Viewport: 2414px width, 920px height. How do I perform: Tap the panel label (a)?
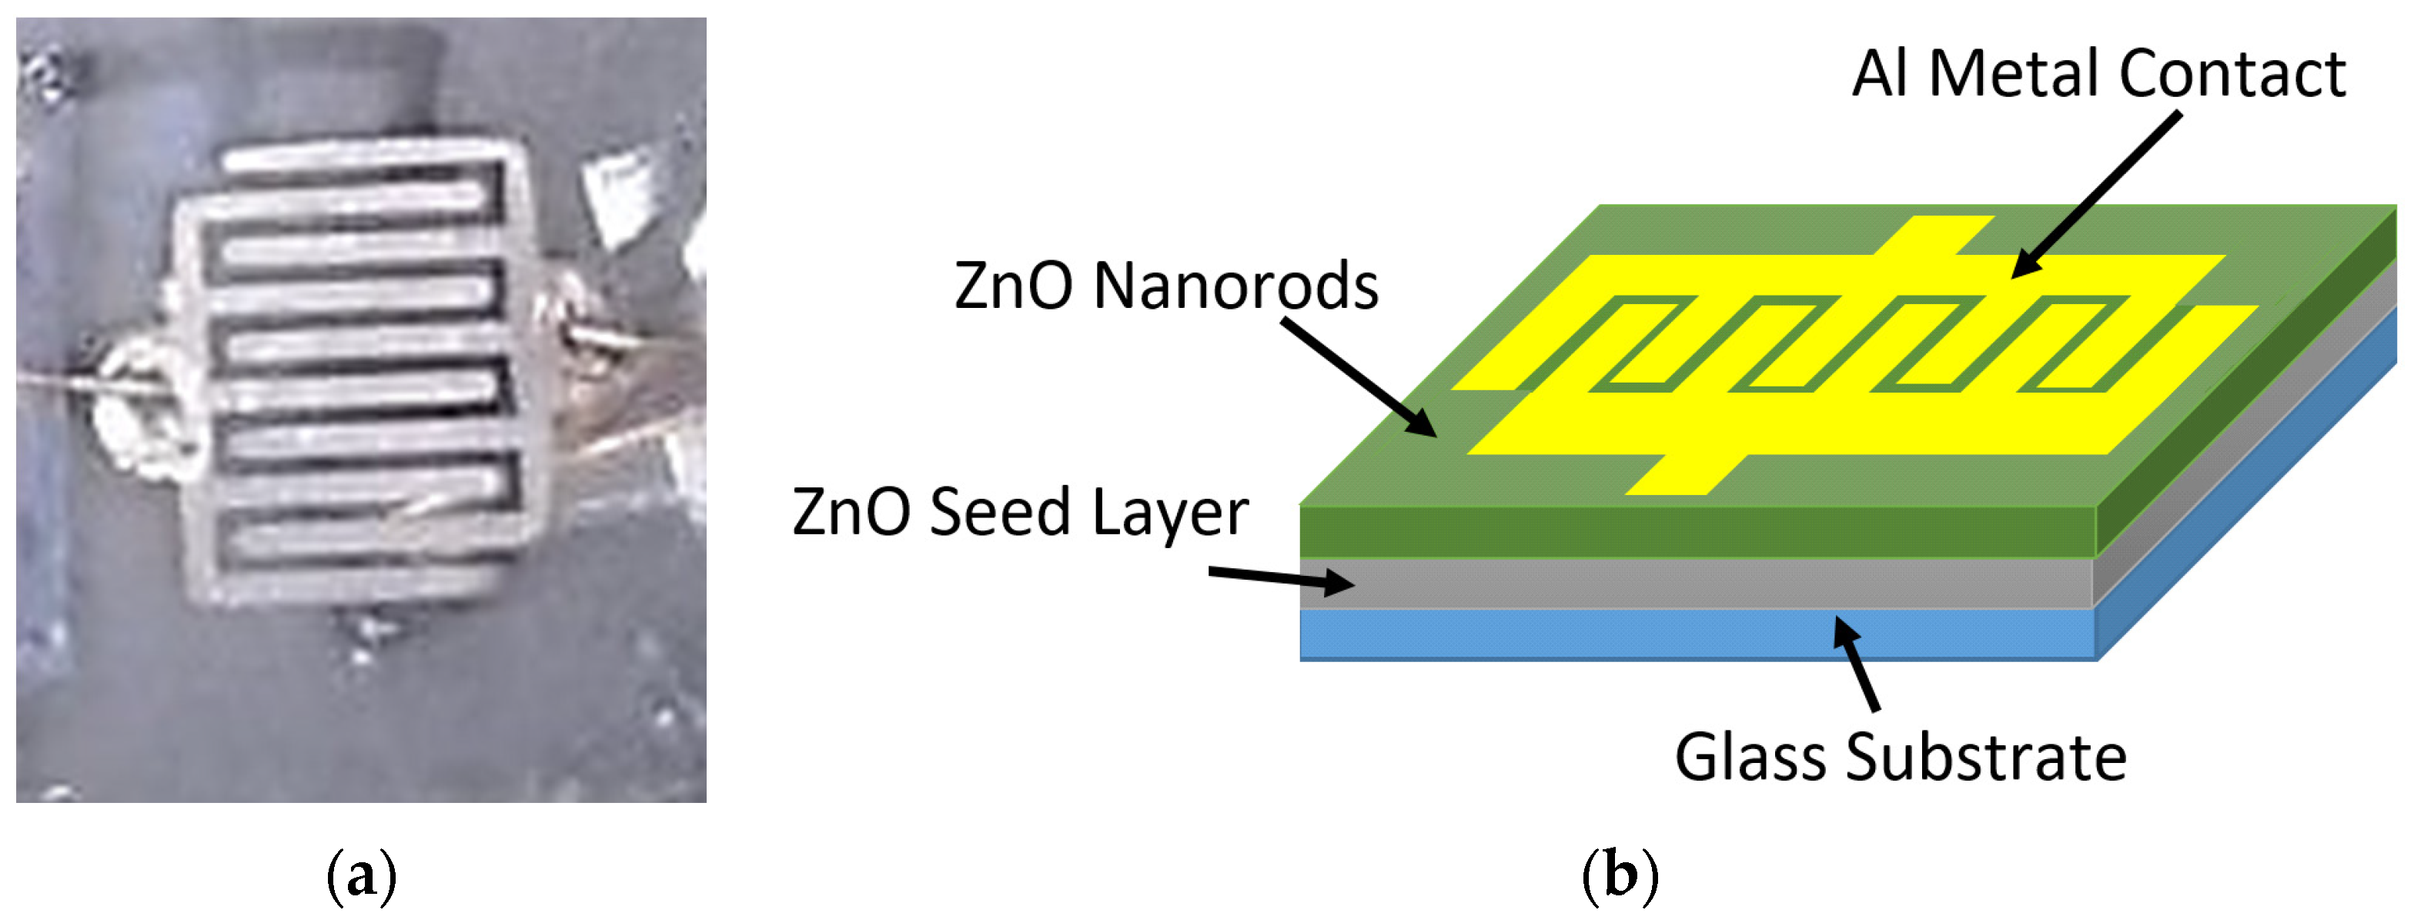coord(361,877)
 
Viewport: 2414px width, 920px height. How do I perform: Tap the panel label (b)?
coord(1620,877)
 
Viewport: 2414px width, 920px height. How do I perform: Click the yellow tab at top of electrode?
coord(1935,234)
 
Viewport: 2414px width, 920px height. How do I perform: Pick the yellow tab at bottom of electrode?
coord(1687,475)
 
